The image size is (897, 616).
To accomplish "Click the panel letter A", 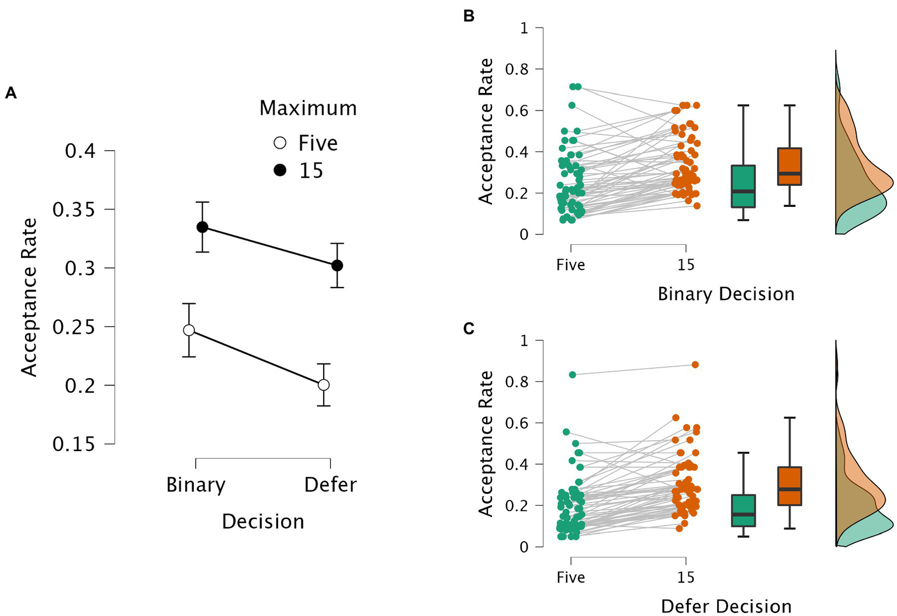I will [11, 93].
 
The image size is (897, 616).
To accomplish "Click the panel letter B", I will [469, 16].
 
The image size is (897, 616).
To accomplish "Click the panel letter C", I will [469, 329].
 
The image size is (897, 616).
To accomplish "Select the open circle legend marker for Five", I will [280, 143].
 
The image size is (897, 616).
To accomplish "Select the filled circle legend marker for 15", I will [280, 171].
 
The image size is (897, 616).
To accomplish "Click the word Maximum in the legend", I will [308, 109].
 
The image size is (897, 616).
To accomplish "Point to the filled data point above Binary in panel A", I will [202, 227].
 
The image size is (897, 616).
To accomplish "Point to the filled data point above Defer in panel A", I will [337, 265].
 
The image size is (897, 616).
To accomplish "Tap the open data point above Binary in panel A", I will [189, 330].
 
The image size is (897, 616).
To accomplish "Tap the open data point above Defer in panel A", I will [324, 385].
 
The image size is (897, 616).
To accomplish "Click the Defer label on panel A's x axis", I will [330, 485].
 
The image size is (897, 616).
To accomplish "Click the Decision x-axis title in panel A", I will [263, 521].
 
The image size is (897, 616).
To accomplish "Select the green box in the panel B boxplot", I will [743, 186].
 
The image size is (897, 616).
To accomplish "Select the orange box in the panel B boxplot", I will [789, 167].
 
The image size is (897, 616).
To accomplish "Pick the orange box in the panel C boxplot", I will [789, 486].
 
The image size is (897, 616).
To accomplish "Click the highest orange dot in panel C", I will [695, 365].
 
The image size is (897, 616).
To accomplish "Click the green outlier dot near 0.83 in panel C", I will [573, 375].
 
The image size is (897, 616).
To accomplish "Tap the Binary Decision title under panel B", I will [726, 294].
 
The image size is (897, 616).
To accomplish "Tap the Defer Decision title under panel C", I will [726, 606].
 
